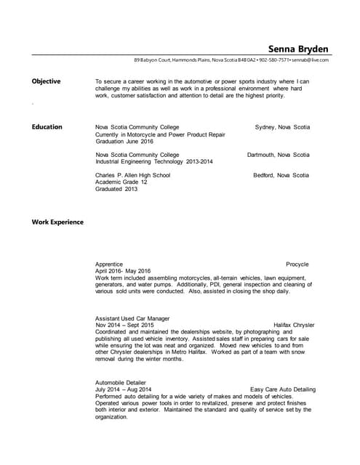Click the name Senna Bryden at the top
point(298,49)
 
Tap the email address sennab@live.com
point(311,60)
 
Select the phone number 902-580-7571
point(275,60)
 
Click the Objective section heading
point(46,81)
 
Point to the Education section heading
point(47,127)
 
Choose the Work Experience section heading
point(57,222)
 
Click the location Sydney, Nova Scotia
point(282,127)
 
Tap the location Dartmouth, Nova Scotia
point(278,155)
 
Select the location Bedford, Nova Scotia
point(281,175)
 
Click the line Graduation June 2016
point(126,142)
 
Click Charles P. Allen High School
point(132,175)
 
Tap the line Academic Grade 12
point(121,182)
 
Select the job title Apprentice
point(109,264)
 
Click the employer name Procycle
point(297,264)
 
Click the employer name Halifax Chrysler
point(294,325)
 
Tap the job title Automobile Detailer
point(121,382)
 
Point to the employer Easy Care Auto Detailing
point(282,389)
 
